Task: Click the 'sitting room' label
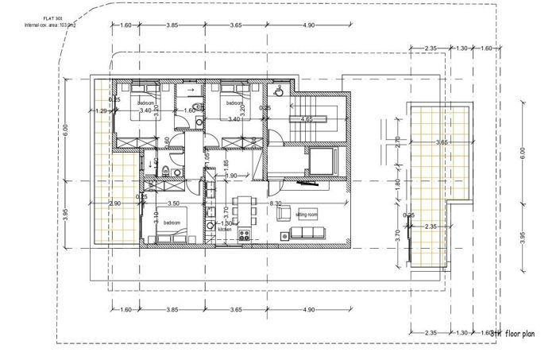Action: (306, 215)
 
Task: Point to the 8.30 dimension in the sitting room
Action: (276, 204)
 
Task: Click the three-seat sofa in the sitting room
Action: (308, 231)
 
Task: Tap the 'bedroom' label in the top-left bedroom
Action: (146, 103)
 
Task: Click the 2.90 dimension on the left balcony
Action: (115, 204)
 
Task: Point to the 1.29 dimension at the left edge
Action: (100, 111)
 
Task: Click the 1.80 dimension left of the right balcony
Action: (398, 182)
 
